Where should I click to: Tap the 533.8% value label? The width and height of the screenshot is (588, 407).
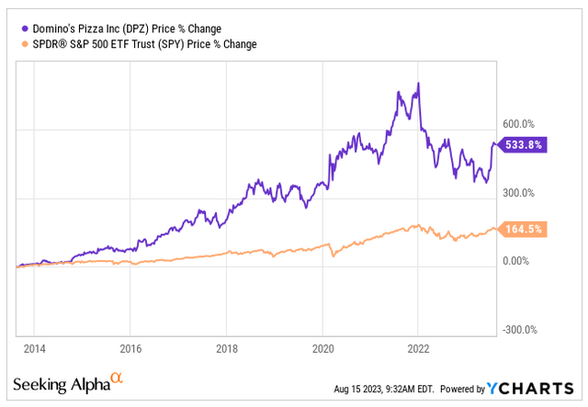point(525,144)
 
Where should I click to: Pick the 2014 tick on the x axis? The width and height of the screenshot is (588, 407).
point(34,350)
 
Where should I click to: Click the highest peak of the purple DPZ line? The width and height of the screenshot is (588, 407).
point(419,84)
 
